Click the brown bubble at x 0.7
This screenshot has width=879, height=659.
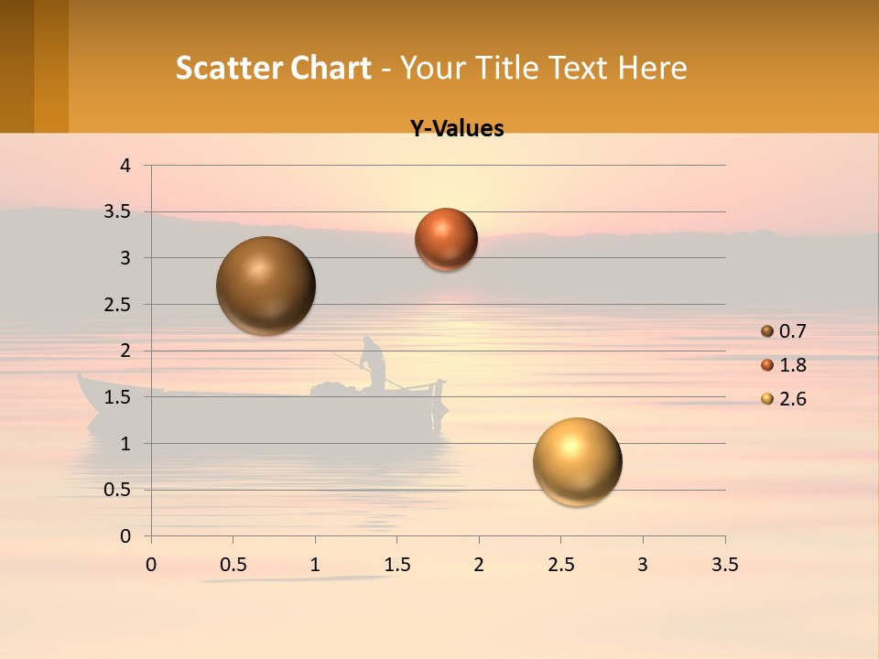266,286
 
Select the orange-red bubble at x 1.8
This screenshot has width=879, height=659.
446,239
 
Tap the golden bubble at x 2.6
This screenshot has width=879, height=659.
577,461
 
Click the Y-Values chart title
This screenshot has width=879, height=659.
457,129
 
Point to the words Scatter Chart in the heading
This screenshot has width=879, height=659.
273,68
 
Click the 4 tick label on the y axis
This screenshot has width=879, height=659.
126,166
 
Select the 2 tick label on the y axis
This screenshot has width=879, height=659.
126,351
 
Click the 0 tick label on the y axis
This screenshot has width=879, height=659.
126,536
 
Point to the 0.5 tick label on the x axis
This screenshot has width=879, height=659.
233,565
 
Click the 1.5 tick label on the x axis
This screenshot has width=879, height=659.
396,565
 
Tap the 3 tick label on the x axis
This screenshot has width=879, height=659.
643,565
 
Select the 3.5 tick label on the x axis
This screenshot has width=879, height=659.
724,565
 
